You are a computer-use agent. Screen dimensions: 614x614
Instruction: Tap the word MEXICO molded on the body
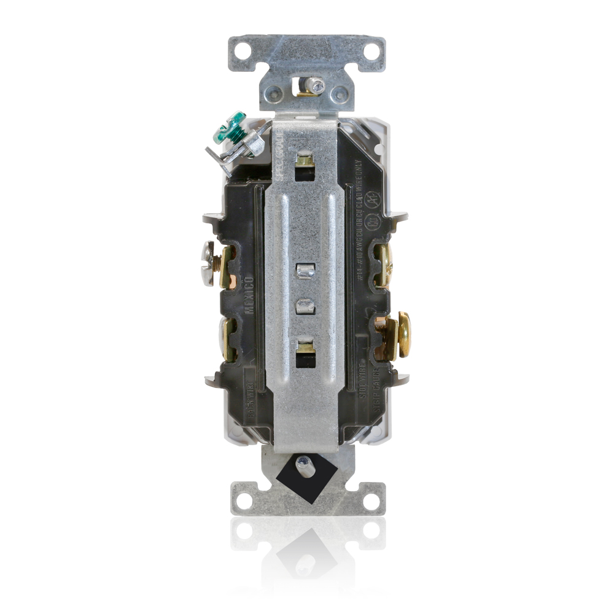coord(249,294)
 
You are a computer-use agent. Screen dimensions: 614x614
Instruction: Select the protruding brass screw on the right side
coord(403,334)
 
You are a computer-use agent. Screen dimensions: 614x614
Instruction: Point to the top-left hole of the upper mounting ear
coord(243,50)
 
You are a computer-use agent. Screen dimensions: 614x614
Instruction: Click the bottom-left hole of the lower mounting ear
coord(244,501)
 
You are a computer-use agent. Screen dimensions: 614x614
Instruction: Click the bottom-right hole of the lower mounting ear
coord(371,501)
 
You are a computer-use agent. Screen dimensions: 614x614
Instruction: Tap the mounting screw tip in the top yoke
coord(316,85)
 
